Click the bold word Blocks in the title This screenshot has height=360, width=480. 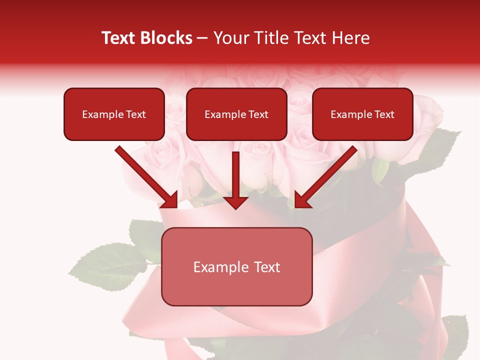168,38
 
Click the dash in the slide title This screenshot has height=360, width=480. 202,38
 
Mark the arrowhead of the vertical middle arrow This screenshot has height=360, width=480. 235,202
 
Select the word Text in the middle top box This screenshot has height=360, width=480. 258,114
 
